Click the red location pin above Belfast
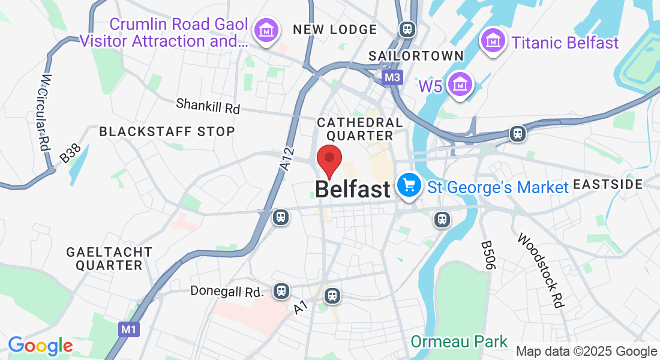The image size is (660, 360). coord(329,159)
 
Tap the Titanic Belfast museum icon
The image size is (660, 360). coord(493,41)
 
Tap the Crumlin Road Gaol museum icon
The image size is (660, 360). coord(265,30)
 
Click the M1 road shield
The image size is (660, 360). coord(128,329)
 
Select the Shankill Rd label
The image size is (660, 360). coord(208,106)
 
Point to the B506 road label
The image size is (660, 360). coord(487,255)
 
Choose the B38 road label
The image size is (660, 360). coord(70,155)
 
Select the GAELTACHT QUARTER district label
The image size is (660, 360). coord(109,258)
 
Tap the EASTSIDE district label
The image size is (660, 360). coord(608,184)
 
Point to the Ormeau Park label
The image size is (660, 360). coord(459,342)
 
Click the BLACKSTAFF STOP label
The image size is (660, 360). coord(167,131)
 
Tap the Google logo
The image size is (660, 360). coord(40,346)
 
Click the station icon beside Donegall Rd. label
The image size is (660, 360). coord(280,292)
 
